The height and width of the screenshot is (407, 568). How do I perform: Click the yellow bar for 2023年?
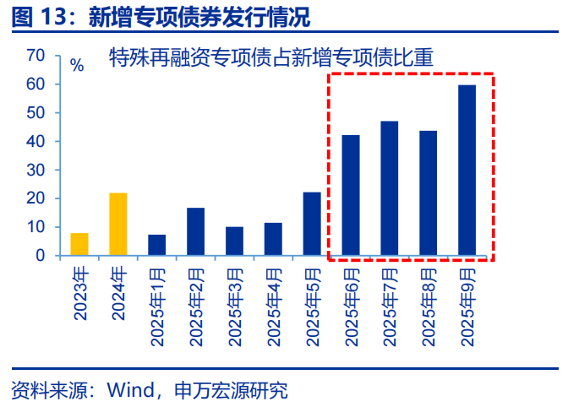click(x=79, y=244)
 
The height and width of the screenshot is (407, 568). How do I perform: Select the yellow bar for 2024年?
click(x=118, y=224)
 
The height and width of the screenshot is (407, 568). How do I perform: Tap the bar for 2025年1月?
click(x=157, y=245)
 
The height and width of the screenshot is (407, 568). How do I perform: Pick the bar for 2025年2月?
click(x=196, y=231)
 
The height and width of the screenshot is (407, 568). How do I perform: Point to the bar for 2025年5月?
click(x=312, y=224)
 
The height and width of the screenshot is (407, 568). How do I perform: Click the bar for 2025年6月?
click(x=351, y=195)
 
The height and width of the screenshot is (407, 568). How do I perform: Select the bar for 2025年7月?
click(x=390, y=188)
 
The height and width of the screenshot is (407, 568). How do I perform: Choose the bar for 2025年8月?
click(x=429, y=193)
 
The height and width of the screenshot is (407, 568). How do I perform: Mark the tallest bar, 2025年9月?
click(x=467, y=170)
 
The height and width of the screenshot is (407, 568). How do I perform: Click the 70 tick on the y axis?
click(x=35, y=56)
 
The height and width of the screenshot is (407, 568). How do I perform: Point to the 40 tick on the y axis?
click(x=35, y=142)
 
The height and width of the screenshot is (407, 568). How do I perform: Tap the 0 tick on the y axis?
click(x=40, y=256)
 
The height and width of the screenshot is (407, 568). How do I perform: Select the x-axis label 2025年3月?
click(x=235, y=305)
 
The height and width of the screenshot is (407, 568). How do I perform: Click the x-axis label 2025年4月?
click(x=274, y=305)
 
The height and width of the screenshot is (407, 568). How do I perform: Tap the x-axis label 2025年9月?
click(x=467, y=305)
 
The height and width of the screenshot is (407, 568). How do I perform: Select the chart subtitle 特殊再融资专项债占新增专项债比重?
click(x=270, y=57)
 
